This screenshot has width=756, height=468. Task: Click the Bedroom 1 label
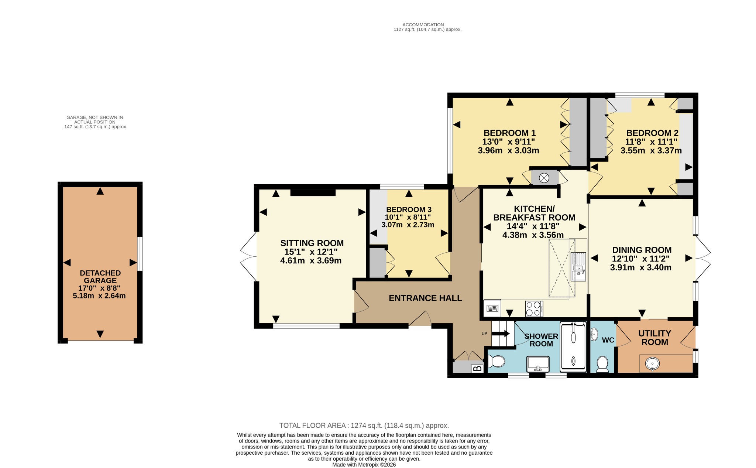(x=509, y=133)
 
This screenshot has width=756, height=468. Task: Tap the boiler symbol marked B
(x=477, y=368)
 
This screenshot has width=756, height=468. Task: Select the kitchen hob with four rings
(x=534, y=309)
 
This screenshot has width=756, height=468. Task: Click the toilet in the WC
(x=602, y=364)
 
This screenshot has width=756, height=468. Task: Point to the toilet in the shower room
(x=496, y=361)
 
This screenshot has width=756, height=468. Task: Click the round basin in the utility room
(x=652, y=363)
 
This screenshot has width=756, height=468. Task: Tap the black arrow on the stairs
(x=501, y=334)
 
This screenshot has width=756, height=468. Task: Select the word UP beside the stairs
(x=484, y=334)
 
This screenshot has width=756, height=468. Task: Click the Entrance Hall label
(x=425, y=298)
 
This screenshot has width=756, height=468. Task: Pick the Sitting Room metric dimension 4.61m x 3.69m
(x=311, y=261)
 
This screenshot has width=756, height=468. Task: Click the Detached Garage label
(x=100, y=277)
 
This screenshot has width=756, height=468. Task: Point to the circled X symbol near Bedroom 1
(x=544, y=178)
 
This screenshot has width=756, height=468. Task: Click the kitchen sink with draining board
(x=578, y=266)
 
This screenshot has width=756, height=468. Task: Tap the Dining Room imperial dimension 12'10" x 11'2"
(x=641, y=259)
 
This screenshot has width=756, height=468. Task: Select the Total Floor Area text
(x=364, y=426)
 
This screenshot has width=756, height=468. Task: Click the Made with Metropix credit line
(x=364, y=465)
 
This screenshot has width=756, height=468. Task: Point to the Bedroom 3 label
(x=409, y=210)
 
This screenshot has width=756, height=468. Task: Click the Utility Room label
(x=655, y=338)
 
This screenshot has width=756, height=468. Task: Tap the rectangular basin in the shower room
(x=538, y=364)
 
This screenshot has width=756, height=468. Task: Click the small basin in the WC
(x=594, y=334)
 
